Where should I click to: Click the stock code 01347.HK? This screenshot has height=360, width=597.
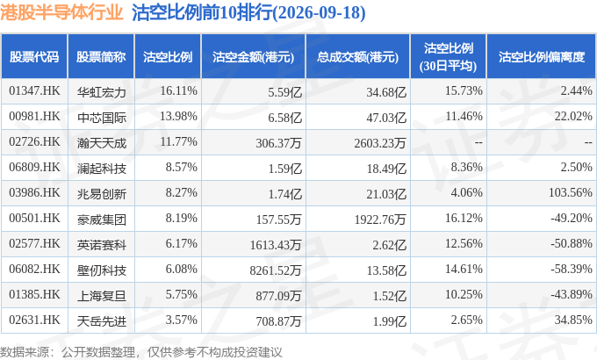[34, 90]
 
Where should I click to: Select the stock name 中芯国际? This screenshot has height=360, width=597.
[101, 118]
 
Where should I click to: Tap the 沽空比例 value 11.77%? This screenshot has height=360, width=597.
[178, 141]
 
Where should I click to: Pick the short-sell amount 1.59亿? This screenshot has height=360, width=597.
[284, 169]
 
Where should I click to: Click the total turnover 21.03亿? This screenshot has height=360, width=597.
[386, 194]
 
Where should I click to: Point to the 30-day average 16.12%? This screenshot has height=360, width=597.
[464, 218]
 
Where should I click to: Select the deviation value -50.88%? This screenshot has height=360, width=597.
[572, 243]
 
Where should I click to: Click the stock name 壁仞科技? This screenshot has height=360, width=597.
[101, 270]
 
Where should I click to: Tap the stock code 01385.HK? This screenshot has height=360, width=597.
[34, 294]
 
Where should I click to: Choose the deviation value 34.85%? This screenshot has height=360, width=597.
[573, 320]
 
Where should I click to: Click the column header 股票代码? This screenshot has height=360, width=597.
[34, 57]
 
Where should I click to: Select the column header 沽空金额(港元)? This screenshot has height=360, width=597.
[253, 57]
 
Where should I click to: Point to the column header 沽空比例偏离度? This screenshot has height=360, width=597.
[542, 57]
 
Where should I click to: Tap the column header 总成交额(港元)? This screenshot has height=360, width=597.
[357, 57]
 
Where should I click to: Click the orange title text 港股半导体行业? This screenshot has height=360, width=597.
[61, 12]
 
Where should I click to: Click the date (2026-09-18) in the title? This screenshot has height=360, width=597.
[319, 12]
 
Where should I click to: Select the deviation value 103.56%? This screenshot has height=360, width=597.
[571, 192]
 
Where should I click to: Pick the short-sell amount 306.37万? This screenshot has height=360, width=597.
[278, 143]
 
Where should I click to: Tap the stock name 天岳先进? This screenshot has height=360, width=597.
[101, 321]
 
